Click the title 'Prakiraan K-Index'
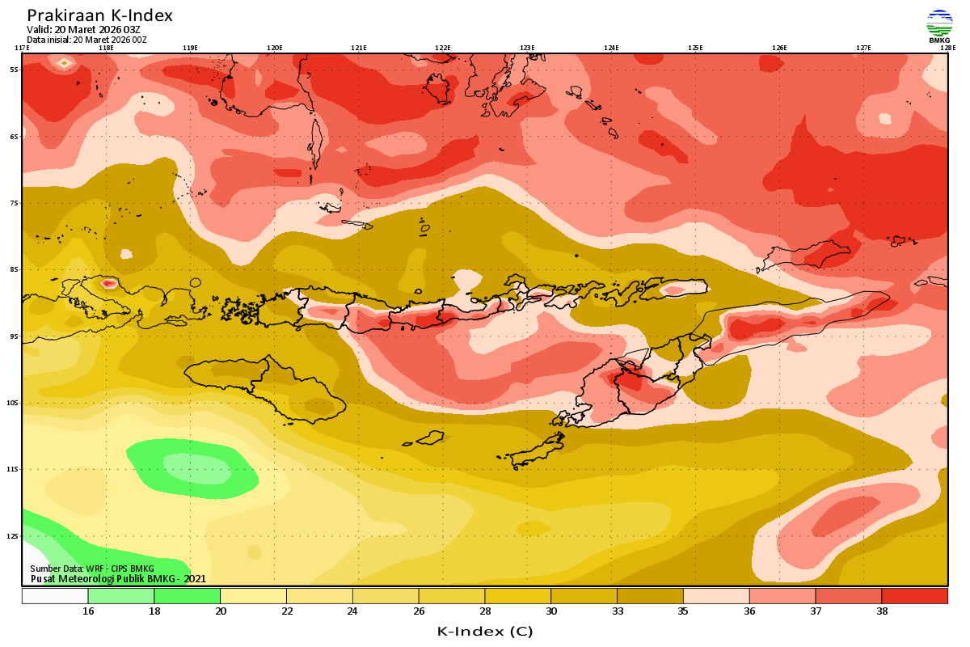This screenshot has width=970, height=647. (99, 15)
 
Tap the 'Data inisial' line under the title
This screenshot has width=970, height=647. (86, 39)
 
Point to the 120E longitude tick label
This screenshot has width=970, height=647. (274, 48)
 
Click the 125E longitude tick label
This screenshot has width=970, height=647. (695, 48)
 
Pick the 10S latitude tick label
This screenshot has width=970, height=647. (14, 403)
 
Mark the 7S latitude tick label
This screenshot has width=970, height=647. (14, 203)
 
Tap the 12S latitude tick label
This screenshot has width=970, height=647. (14, 536)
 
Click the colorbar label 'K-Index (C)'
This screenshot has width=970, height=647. (484, 631)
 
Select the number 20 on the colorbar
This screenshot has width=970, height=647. (220, 611)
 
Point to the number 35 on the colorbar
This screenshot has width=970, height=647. (683, 611)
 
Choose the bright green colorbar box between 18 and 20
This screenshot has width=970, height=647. (187, 596)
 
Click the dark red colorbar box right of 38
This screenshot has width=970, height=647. (914, 596)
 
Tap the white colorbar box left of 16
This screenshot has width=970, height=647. (55, 596)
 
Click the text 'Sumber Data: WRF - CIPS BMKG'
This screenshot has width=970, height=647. (92, 569)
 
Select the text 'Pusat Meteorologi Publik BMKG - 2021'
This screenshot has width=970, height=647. (118, 578)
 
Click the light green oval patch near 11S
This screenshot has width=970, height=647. (196, 467)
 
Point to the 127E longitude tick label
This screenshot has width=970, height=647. (863, 48)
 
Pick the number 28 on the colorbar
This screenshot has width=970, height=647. (484, 611)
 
